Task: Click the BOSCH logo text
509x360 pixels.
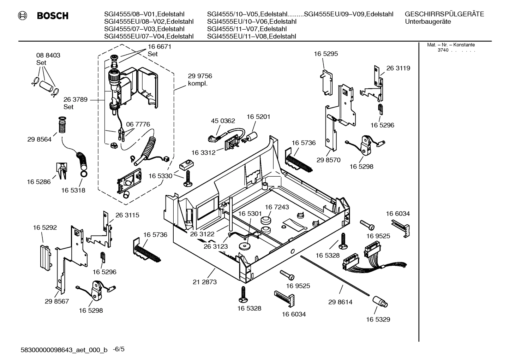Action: (x=52, y=16)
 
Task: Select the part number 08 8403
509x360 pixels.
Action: (x=48, y=55)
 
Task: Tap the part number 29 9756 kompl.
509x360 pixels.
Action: (x=200, y=80)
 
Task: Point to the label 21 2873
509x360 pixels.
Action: (x=205, y=282)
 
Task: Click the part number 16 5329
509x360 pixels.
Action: (x=378, y=319)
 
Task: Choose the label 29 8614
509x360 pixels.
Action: (x=340, y=302)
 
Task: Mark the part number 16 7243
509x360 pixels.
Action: (x=277, y=207)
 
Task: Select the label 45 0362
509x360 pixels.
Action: (x=223, y=121)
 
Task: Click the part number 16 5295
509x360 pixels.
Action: (x=325, y=54)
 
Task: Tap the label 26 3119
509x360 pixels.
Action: (x=398, y=68)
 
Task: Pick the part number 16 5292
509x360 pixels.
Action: (x=45, y=228)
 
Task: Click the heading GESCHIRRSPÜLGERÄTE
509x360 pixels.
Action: (x=444, y=14)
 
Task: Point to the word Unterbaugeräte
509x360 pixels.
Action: (x=427, y=22)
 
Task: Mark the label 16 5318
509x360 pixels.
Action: (x=73, y=190)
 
